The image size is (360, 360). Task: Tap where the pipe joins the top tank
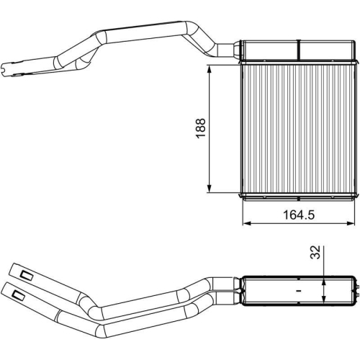(236, 49)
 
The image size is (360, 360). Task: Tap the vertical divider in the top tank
(297, 48)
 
